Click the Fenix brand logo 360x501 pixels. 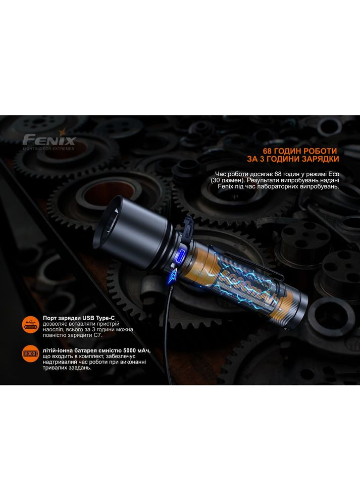49,139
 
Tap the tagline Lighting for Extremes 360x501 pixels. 48,148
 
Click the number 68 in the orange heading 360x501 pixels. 267,151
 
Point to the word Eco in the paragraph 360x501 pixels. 334,174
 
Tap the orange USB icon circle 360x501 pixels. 31,324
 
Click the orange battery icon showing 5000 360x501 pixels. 31,354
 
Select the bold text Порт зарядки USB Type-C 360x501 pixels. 79,318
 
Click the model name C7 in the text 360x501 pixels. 98,335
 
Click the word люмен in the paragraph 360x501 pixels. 228,180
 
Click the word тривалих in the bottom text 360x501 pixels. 53,368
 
